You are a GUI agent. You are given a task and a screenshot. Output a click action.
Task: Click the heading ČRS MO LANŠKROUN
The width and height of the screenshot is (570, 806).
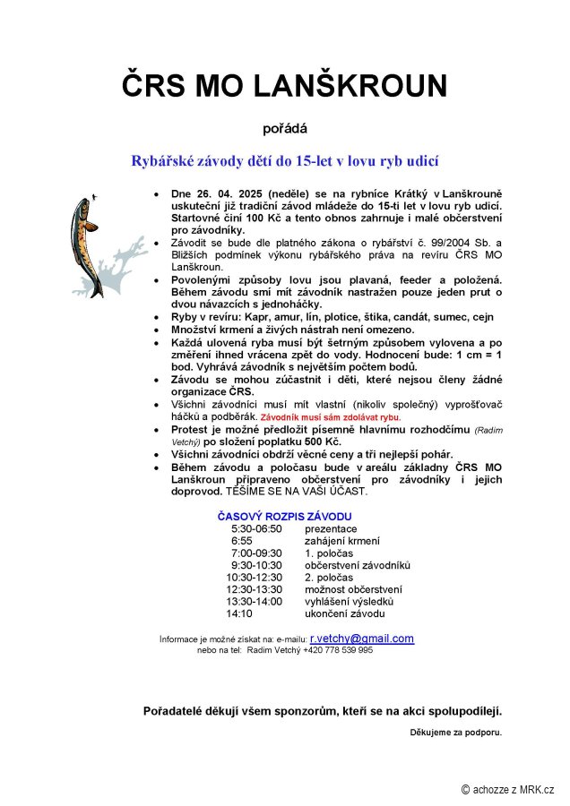[284, 86]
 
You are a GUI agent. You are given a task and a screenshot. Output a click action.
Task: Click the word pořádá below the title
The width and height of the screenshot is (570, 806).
[284, 127]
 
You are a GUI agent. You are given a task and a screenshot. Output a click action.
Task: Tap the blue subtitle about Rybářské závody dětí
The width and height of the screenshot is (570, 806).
[284, 162]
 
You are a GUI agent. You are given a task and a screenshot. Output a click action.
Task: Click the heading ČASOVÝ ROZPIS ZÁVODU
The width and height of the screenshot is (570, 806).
[284, 517]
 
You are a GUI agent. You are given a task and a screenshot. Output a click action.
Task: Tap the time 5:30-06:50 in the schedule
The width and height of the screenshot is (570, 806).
[256, 529]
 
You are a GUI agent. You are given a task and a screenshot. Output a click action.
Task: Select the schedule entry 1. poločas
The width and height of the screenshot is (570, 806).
[329, 553]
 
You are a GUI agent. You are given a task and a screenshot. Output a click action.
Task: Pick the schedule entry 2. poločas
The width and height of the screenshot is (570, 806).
[329, 578]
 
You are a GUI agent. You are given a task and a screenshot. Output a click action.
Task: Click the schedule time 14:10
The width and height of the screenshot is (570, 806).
[239, 614]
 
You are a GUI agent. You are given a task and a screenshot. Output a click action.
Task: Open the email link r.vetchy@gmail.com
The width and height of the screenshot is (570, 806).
[362, 639]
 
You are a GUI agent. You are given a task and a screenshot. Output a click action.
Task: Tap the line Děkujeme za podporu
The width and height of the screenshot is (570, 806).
[455, 733]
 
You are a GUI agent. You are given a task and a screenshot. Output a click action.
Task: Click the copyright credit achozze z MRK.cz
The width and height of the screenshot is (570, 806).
[507, 789]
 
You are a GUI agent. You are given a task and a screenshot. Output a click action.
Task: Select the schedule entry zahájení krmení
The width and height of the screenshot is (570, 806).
[341, 541]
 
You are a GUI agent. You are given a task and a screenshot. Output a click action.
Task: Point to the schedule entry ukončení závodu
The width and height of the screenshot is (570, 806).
[344, 614]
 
